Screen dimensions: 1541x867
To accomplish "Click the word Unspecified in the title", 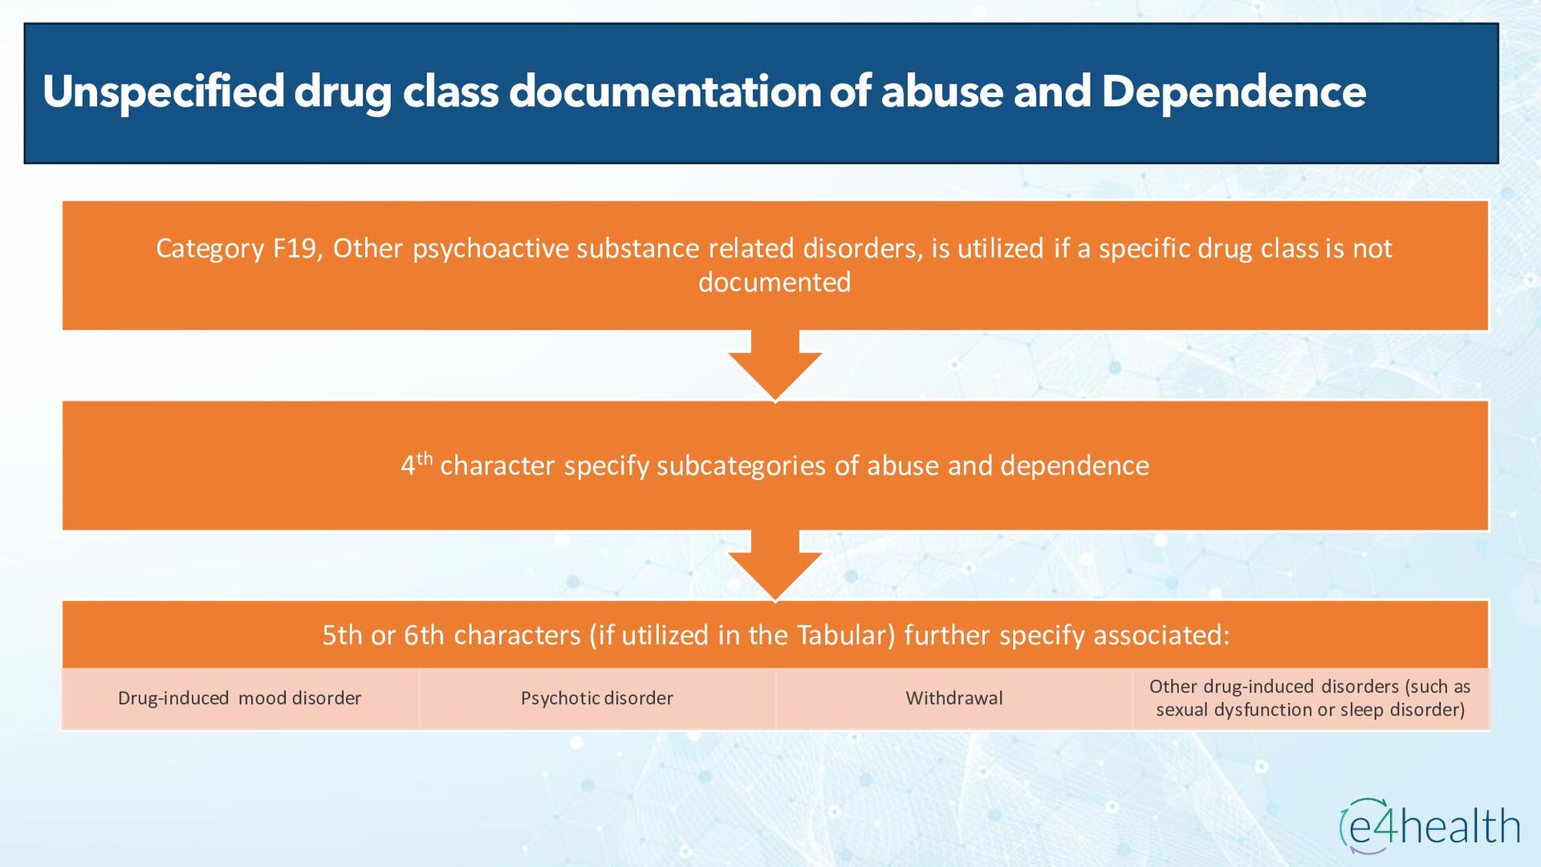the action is [164, 92].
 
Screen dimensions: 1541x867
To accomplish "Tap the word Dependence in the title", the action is [1234, 92].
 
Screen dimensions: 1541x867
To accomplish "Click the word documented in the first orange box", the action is [775, 283].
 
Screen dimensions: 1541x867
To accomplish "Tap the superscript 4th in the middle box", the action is [417, 463].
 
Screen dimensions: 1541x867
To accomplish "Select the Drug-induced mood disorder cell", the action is [240, 698].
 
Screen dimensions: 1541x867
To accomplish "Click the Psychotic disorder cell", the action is [597, 698].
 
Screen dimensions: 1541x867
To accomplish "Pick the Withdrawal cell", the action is [954, 698].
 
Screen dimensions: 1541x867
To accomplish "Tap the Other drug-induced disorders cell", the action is [1310, 698].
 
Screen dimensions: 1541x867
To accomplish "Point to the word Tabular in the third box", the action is [845, 635].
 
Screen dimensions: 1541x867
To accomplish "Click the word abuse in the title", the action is [942, 92].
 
